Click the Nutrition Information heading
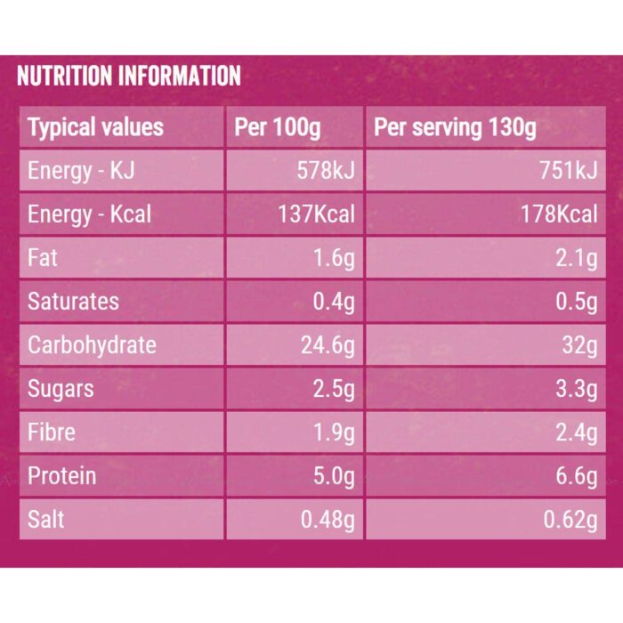pos(129,76)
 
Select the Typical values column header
pos(95,127)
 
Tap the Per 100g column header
pos(278,127)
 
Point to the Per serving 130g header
pos(455,127)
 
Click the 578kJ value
pos(326,171)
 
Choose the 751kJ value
pos(568,171)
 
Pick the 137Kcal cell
pos(316,214)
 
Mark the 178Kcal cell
pos(559,214)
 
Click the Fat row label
pos(42,257)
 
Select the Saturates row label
pos(73,301)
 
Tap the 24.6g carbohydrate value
pos(328,345)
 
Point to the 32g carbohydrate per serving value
pos(579,345)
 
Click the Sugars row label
pos(61,389)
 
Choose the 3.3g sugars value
pos(577,389)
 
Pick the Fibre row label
pos(52,432)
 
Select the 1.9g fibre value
pos(334,432)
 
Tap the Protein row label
pos(62,475)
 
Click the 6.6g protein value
pos(577,475)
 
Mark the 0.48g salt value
pos(328,519)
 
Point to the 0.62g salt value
pos(570,519)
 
